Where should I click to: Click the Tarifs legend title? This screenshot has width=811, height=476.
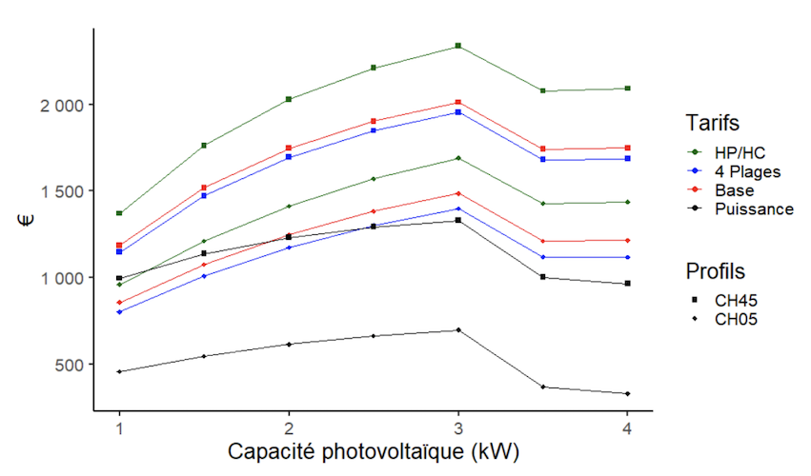[x=712, y=123]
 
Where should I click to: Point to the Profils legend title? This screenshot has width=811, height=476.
[x=715, y=271]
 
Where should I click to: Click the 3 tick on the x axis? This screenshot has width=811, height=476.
[x=458, y=427]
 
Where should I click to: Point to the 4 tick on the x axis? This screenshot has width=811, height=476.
[x=627, y=427]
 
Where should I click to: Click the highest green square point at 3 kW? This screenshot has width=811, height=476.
[x=458, y=46]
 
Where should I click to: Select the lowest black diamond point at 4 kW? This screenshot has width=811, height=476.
[x=627, y=393]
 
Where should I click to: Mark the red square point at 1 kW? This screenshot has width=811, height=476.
[x=119, y=246]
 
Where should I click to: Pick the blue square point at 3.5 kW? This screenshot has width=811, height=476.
[x=542, y=159]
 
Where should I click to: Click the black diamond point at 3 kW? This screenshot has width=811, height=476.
[x=458, y=330]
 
